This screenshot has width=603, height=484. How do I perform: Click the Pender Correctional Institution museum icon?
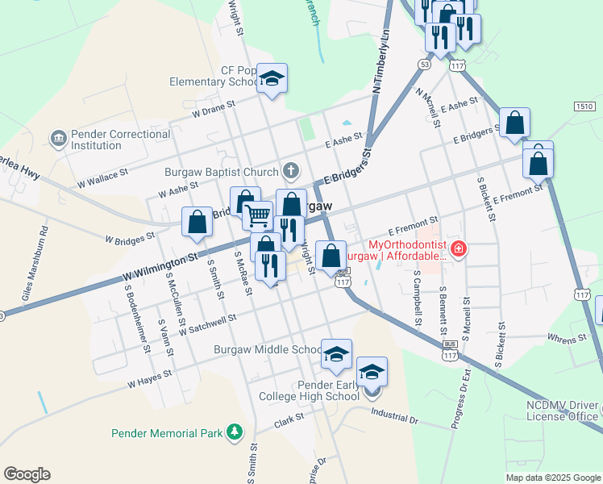tap(60, 139)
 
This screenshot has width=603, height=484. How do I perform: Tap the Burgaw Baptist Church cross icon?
tap(289, 170)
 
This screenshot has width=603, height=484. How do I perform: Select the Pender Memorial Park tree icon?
tap(235, 433)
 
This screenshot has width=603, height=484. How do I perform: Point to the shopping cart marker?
tap(257, 215)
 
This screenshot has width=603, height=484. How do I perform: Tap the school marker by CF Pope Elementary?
tap(272, 79)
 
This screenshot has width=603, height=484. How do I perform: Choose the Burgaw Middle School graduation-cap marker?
tap(336, 354)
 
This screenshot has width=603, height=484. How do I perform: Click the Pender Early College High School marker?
tap(372, 373)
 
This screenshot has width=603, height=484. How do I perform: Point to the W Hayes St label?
tap(150, 379)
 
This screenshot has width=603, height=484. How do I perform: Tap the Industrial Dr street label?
tap(395, 415)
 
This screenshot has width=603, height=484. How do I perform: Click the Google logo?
tap(27, 474)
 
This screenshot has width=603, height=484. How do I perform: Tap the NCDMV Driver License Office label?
tap(562, 411)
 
